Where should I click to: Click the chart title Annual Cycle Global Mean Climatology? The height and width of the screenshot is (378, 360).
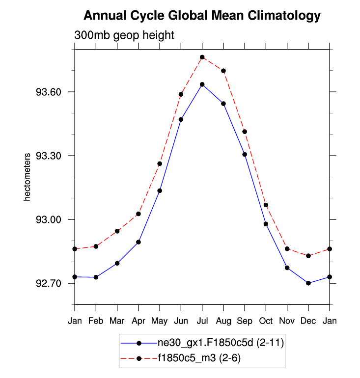tap(202, 16)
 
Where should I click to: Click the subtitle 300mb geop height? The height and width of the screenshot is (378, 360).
tap(124, 35)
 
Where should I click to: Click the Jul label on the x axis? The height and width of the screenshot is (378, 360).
tap(202, 321)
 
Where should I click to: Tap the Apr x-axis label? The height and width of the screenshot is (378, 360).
tap(138, 321)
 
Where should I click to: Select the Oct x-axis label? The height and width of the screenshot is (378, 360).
tap(266, 321)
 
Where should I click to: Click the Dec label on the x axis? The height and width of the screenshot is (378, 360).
tap(308, 321)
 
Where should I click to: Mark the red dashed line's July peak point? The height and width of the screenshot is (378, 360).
tap(202, 57)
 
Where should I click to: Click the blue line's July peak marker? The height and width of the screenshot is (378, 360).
tap(202, 84)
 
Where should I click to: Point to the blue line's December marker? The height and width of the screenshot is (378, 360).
tap(308, 283)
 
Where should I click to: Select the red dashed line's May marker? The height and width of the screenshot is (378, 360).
tap(160, 163)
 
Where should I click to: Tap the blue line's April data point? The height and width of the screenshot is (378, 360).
tap(138, 242)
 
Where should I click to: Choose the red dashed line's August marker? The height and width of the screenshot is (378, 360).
tap(223, 71)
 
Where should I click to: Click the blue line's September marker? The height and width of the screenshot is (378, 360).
tap(245, 155)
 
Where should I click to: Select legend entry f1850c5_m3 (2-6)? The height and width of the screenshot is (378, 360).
tap(199, 358)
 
